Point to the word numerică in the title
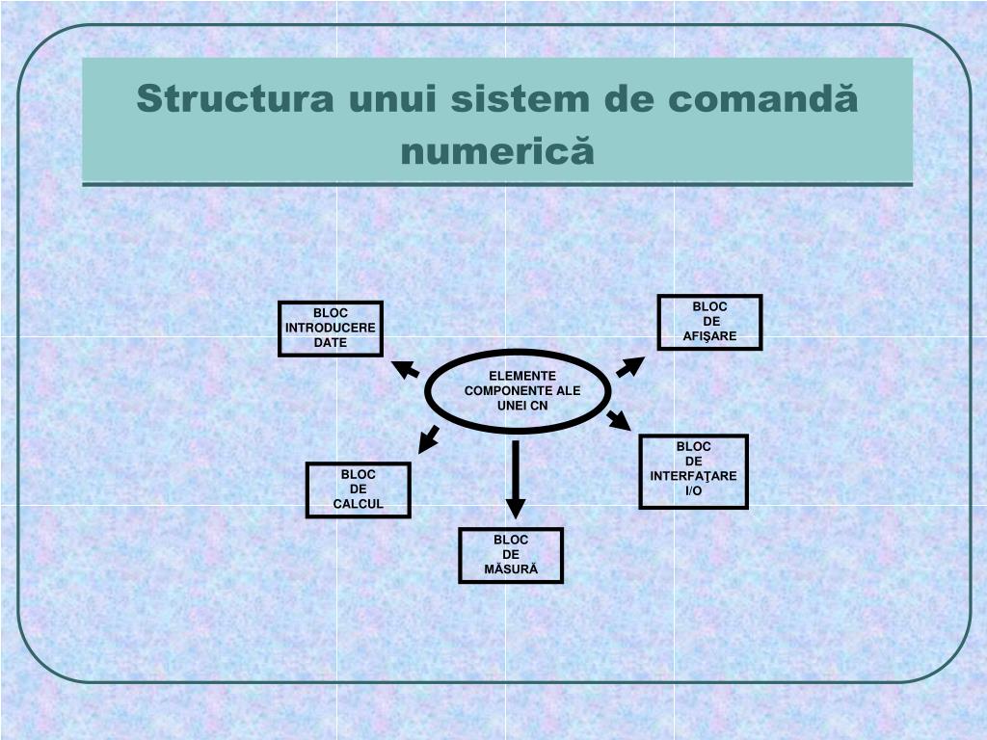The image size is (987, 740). coord(497,151)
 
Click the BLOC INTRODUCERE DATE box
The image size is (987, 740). coord(331,329)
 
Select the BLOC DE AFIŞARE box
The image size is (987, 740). coord(709,322)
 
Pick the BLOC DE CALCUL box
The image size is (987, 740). coord(358,489)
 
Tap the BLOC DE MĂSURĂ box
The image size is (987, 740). coord(511,555)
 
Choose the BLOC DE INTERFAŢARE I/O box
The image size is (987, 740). coord(693,471)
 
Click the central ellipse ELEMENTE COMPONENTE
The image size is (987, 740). coord(519,391)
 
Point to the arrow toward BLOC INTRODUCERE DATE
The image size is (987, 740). coord(406,369)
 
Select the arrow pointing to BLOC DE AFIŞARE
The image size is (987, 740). coord(630,366)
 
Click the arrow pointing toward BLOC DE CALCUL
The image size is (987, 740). coord(428,439)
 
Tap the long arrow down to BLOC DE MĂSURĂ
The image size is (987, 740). coord(516,479)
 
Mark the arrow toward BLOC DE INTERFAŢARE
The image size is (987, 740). coord(619,420)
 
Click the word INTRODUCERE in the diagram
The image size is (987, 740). coord(331,329)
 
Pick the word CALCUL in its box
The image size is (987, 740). coord(359,504)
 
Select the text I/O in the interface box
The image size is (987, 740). coord(694,491)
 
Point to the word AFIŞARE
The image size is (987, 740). coord(710,336)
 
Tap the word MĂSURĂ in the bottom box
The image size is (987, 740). coord(511,569)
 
